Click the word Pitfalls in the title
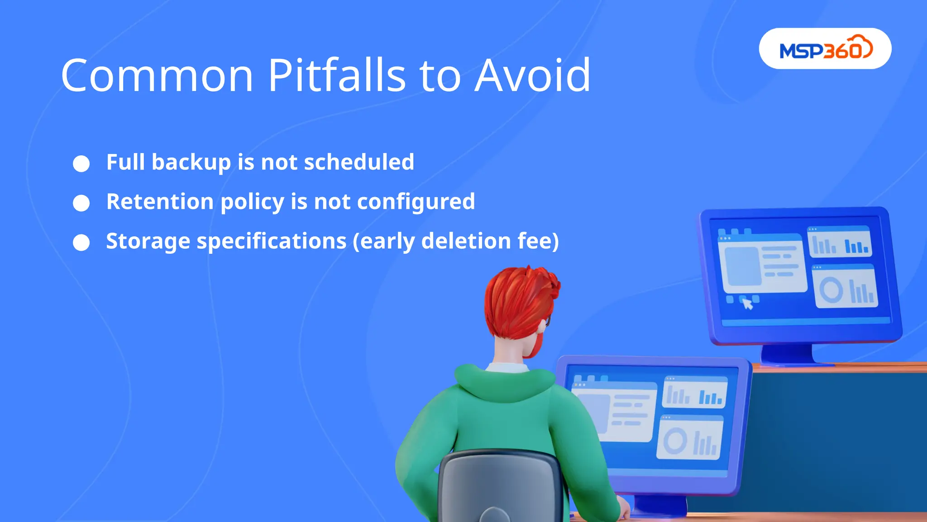(337, 76)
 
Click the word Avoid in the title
(532, 76)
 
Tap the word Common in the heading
(157, 76)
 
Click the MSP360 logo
(825, 49)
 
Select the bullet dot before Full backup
(81, 164)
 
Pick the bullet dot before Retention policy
(81, 203)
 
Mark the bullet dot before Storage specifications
(81, 242)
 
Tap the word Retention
(160, 202)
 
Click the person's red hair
(516, 299)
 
